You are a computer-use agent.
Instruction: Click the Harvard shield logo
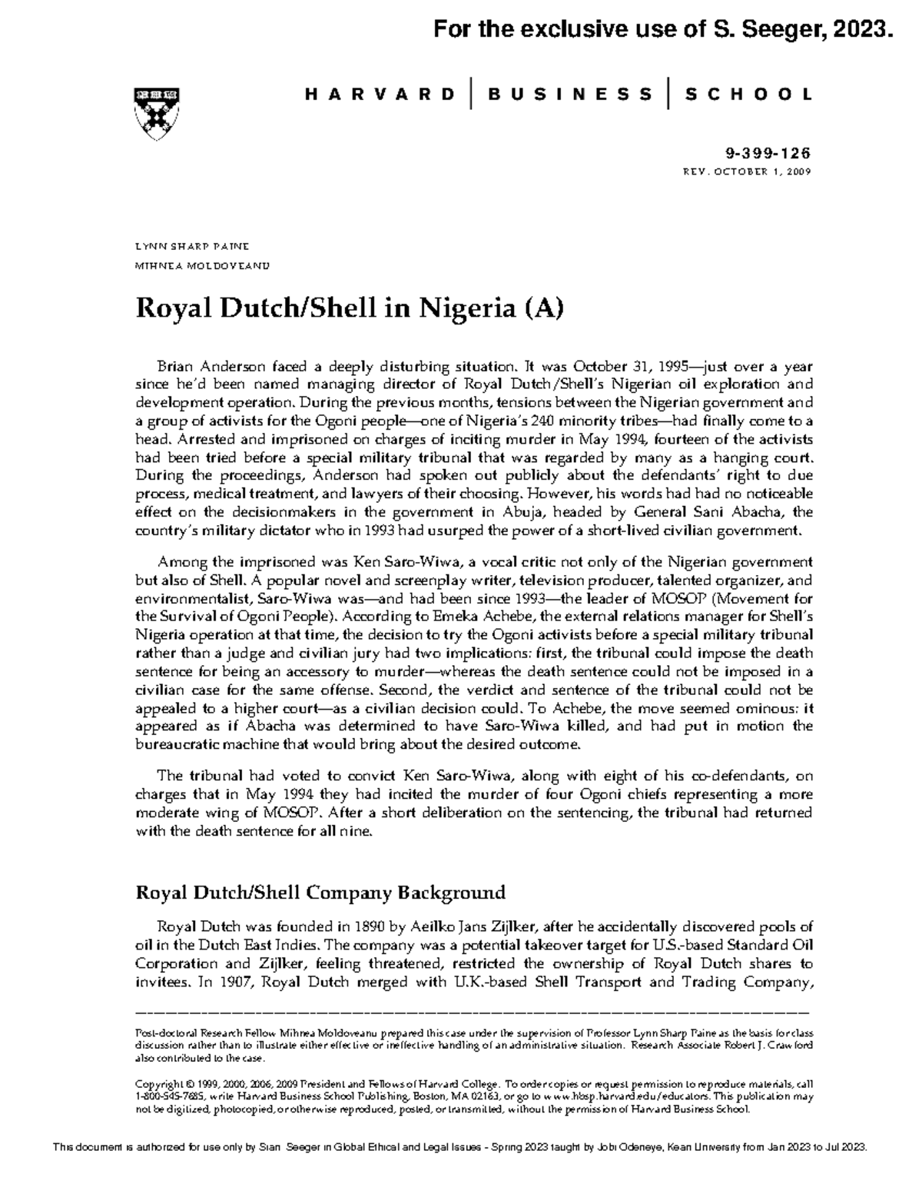coord(160,111)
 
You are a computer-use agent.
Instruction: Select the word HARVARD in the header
coord(380,95)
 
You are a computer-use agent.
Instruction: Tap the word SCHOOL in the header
coord(748,95)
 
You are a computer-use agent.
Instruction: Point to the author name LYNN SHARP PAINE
coord(191,247)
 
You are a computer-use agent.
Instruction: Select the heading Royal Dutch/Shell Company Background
coord(320,893)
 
